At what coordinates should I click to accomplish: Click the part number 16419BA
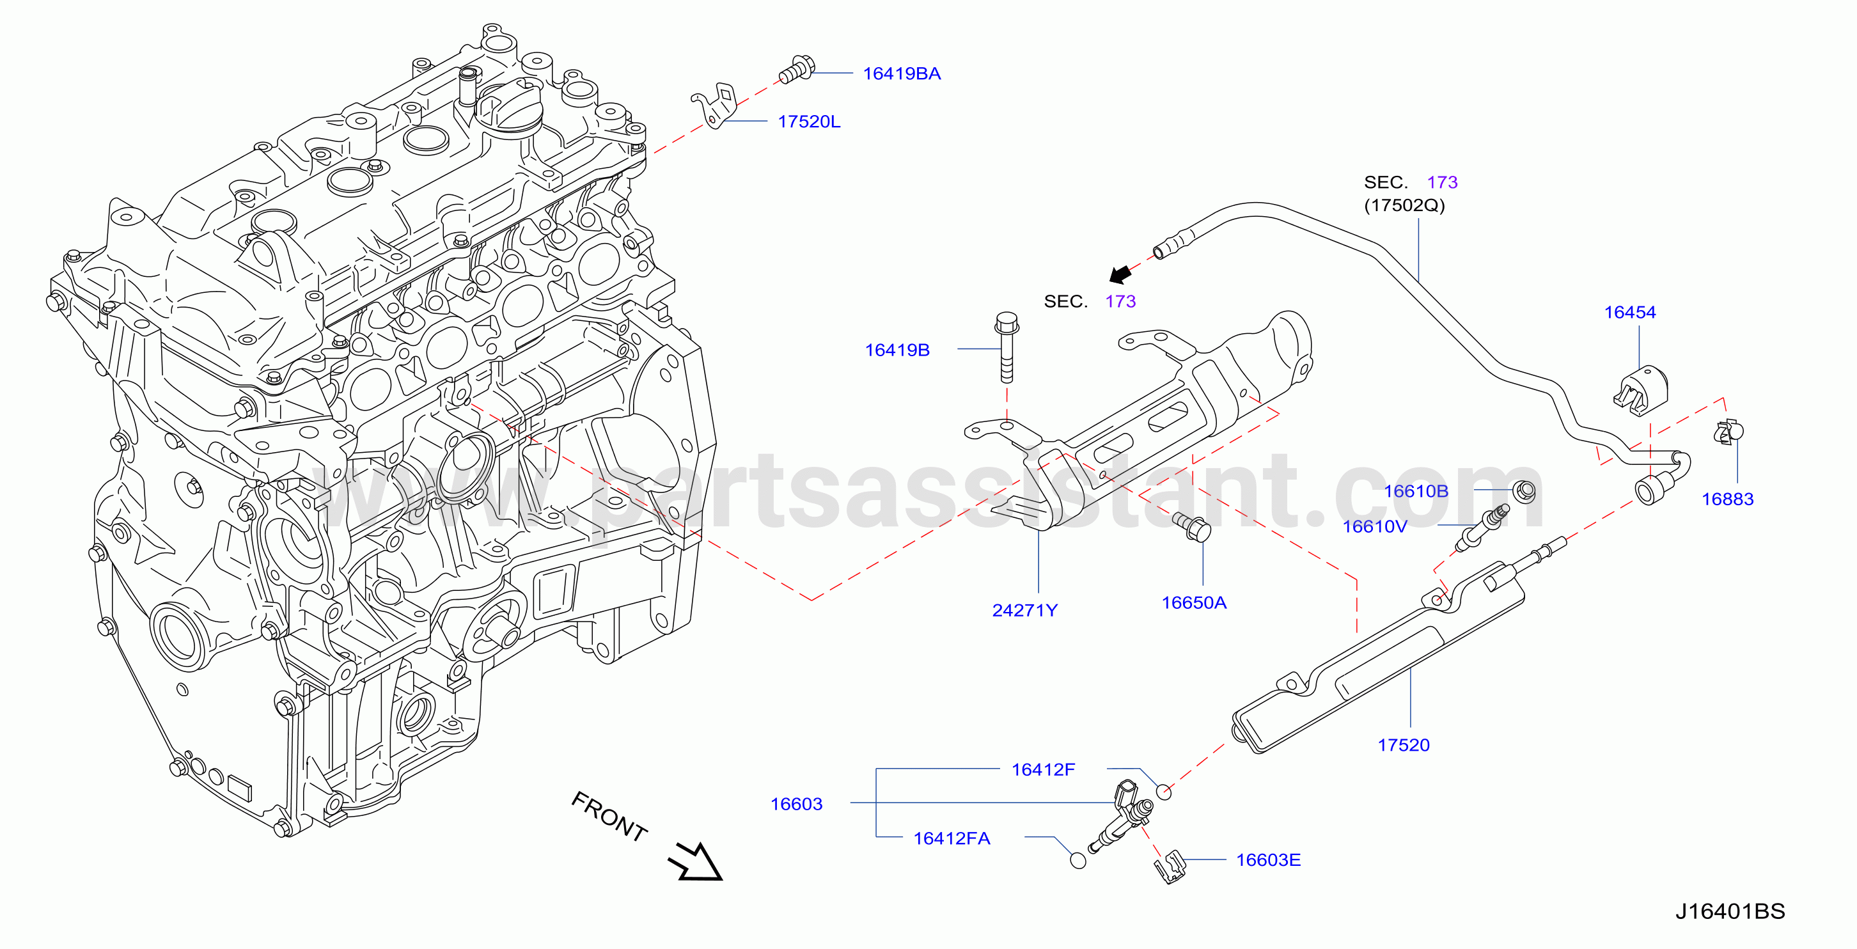tap(901, 74)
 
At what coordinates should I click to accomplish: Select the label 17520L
tap(809, 122)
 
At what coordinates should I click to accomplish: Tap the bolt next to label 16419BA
tap(797, 69)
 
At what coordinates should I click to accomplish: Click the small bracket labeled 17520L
tap(715, 106)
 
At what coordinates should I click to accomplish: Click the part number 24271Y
tap(1024, 610)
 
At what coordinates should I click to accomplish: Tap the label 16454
tap(1629, 312)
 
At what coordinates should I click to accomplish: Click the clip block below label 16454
tap(1641, 390)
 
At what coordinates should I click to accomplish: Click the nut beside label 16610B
tap(1524, 491)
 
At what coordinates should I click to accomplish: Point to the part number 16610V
tap(1374, 526)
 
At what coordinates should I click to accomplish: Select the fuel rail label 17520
tap(1403, 745)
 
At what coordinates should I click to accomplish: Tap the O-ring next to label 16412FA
tap(1077, 860)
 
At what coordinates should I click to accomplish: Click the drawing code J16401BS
tap(1729, 911)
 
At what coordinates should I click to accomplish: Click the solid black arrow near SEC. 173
tap(1120, 274)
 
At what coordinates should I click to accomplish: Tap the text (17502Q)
tap(1404, 205)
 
